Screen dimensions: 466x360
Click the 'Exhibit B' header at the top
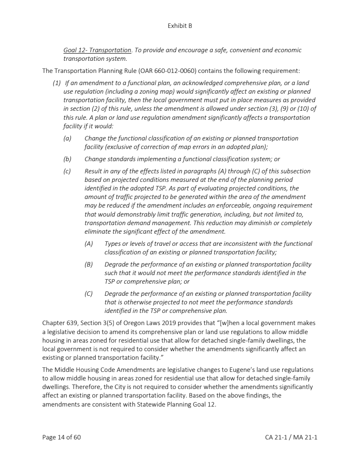pos(180,26)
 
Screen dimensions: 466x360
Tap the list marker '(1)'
pos(57,83)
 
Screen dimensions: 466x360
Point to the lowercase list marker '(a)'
pos(67,139)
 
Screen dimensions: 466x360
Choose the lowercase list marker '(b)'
pos(67,159)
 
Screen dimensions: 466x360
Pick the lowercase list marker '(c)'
pos(67,171)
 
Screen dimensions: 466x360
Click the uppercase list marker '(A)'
pos(89,244)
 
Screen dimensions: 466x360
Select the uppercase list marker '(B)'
pos(89,264)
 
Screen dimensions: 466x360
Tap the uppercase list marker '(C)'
pos(89,294)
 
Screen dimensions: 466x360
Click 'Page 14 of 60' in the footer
pos(62,437)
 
